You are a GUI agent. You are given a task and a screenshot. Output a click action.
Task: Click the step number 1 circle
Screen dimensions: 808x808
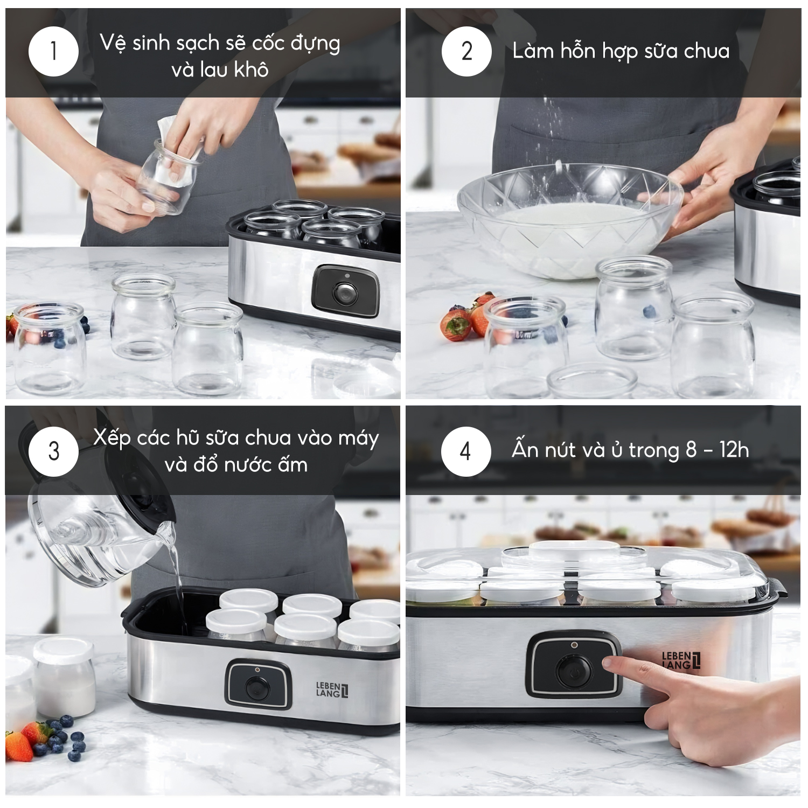[53, 51]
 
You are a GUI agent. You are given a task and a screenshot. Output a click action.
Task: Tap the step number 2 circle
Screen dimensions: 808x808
[466, 51]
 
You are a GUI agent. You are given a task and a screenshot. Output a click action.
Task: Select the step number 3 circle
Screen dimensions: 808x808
[53, 451]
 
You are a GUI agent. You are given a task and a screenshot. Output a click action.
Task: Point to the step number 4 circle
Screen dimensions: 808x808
[466, 451]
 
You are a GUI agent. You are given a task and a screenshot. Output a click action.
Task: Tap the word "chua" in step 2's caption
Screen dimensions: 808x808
[706, 51]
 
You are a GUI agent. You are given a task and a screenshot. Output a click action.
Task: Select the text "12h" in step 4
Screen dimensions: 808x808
[734, 450]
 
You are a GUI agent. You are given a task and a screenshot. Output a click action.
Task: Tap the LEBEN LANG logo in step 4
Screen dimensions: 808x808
[681, 660]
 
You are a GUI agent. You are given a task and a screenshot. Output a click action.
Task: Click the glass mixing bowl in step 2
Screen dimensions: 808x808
[570, 220]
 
